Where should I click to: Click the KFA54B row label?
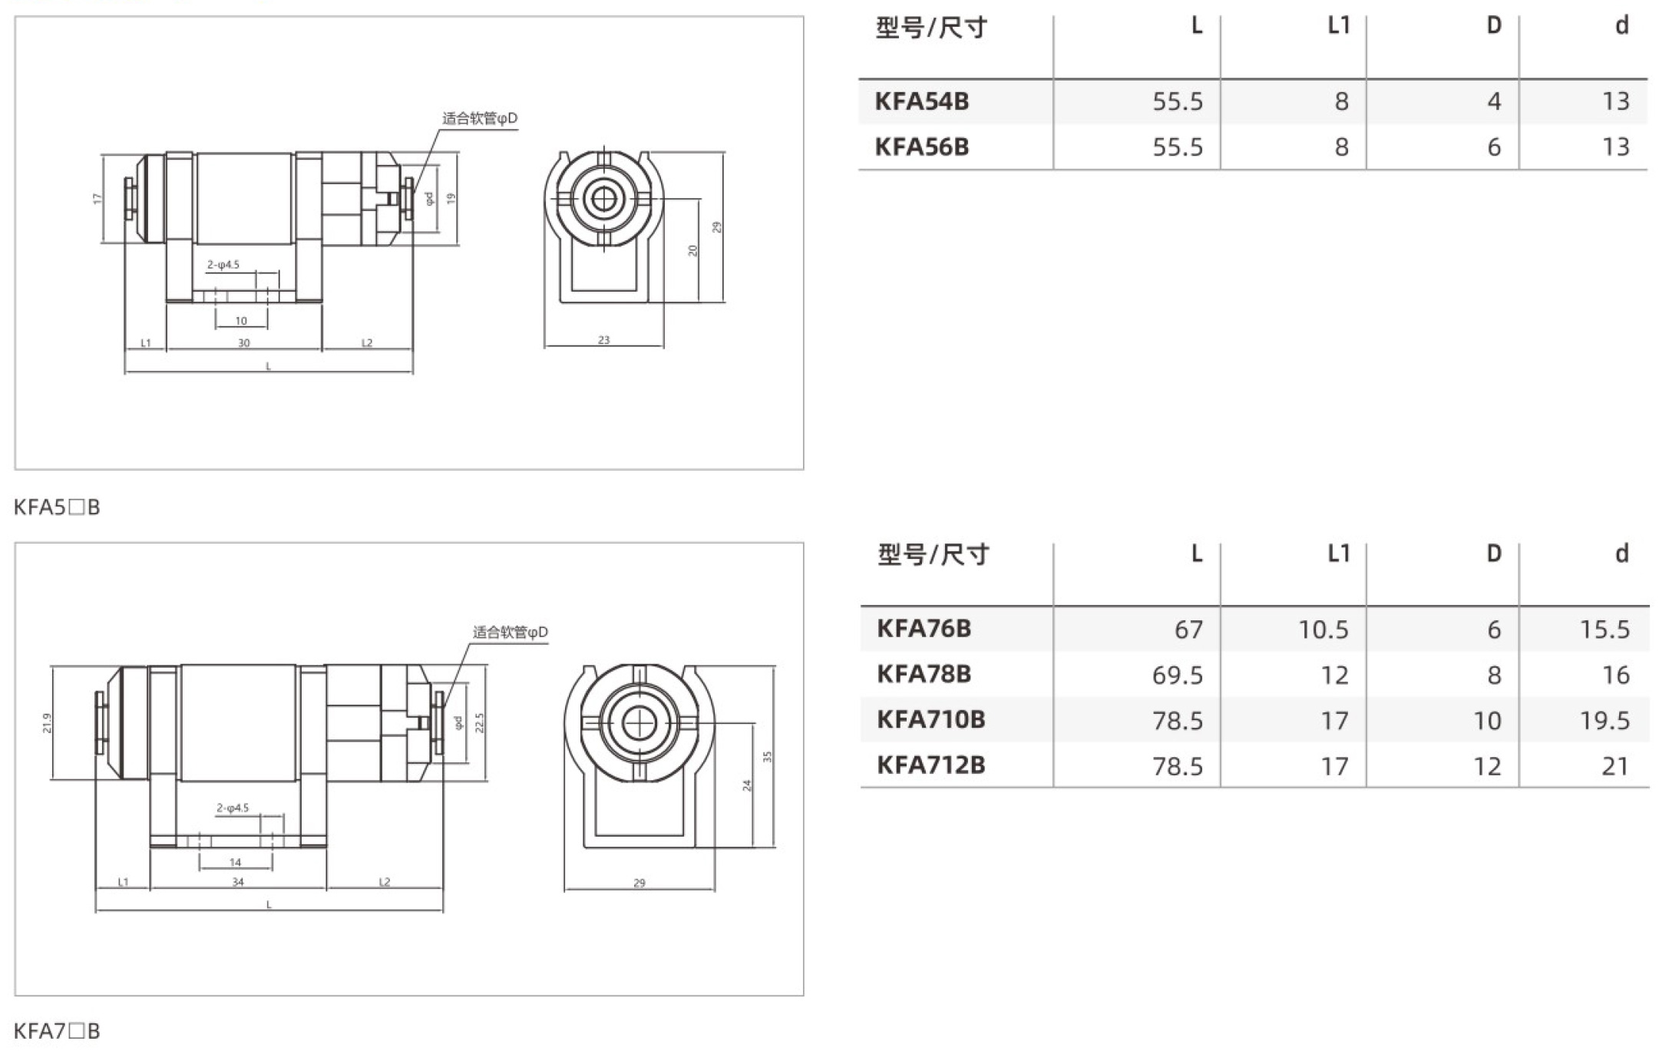coord(921,101)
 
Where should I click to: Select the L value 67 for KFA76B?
coord(1188,629)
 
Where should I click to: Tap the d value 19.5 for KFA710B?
coord(1604,720)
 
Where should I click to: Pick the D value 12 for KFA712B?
coord(1487,766)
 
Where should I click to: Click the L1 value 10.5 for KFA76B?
coord(1324,629)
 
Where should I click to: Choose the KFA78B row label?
coord(924,674)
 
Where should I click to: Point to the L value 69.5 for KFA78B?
coord(1178,675)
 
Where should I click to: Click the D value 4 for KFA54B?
coord(1494,101)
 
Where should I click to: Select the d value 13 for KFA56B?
coord(1615,147)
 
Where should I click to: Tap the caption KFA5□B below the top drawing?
coord(57,507)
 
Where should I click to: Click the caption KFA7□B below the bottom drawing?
coord(57,1031)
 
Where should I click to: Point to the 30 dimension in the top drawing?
coord(243,343)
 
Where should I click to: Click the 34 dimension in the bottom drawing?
coord(238,882)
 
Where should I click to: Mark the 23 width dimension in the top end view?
coord(604,339)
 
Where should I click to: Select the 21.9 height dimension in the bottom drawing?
coord(47,723)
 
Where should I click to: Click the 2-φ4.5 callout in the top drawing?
coord(223,265)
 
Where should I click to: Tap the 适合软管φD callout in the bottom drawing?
coord(511,633)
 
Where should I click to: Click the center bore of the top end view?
coord(604,200)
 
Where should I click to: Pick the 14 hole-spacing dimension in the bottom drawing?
coord(236,862)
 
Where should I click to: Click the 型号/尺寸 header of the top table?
coord(931,28)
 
